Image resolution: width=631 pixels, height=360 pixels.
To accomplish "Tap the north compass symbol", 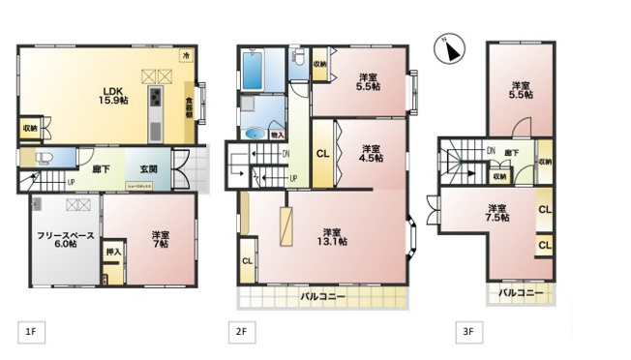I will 449,48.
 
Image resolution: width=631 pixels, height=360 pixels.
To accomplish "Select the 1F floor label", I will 30,331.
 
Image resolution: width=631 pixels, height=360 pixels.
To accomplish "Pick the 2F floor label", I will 241,331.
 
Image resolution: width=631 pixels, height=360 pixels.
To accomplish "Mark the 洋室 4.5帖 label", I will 372,154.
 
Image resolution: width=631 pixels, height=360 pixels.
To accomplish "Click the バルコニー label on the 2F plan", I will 322,295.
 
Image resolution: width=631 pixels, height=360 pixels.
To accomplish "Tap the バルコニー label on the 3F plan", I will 520,290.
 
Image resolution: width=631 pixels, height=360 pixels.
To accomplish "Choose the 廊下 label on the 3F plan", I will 510,153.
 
